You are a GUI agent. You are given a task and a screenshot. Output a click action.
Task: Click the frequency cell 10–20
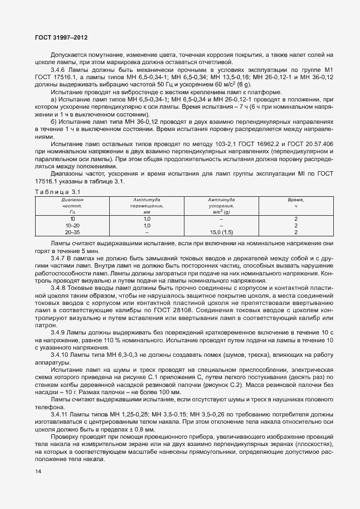tap(72, 226)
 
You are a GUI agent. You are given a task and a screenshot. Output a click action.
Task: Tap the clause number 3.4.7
tap(59, 259)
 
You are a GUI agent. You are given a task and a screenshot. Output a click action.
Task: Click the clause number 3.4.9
tap(59, 332)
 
